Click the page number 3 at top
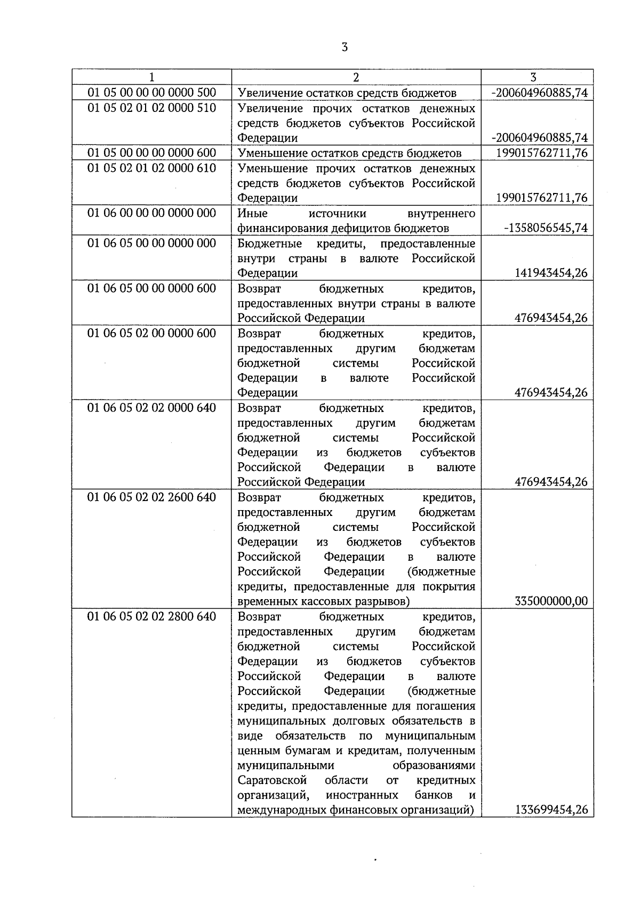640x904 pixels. pos(344,47)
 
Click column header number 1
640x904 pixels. pos(151,77)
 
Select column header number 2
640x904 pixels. pos(356,77)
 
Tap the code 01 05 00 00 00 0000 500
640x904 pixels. pos(151,93)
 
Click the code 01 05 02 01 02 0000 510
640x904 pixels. pos(151,108)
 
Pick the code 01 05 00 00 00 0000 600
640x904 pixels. pos(151,153)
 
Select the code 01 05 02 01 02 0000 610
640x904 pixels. pos(151,168)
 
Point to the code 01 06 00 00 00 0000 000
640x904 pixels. pos(151,213)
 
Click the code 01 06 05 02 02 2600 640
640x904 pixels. pos(151,497)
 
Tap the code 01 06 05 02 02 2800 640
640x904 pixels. pos(151,617)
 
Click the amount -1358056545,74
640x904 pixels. pos(546,228)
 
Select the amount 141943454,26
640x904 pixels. pos(551,273)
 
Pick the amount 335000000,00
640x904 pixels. pos(551,601)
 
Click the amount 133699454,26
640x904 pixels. pos(551,810)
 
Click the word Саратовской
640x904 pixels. pos(272,780)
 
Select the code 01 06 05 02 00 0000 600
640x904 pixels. pos(151,333)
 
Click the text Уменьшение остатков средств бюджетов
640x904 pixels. pos(349,154)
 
